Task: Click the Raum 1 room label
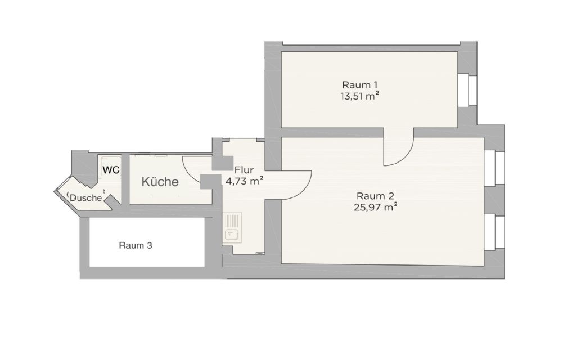(359, 85)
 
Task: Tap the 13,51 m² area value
(359, 97)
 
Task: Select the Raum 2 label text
(375, 196)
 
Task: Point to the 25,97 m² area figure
(375, 208)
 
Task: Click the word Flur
(244, 170)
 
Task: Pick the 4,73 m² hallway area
(244, 181)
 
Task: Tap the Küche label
(160, 182)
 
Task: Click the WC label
(111, 170)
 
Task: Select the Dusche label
(86, 198)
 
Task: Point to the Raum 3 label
(136, 245)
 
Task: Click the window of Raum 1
(467, 91)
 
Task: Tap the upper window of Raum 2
(494, 168)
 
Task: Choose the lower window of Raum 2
(494, 232)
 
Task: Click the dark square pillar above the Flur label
(223, 163)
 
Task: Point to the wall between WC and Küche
(125, 179)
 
